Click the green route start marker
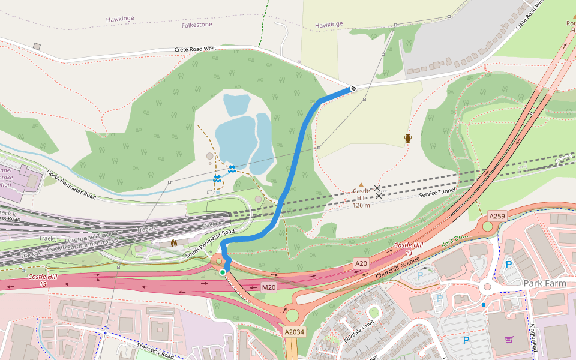pos(223,272)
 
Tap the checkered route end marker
pos(353,89)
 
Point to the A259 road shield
pos(497,215)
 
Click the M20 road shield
pos(269,287)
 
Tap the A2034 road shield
pos(295,332)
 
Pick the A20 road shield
pos(361,263)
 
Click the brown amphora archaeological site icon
pos(408,139)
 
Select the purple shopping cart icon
pos(509,340)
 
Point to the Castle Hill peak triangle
pos(361,185)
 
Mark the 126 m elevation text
pos(361,205)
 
